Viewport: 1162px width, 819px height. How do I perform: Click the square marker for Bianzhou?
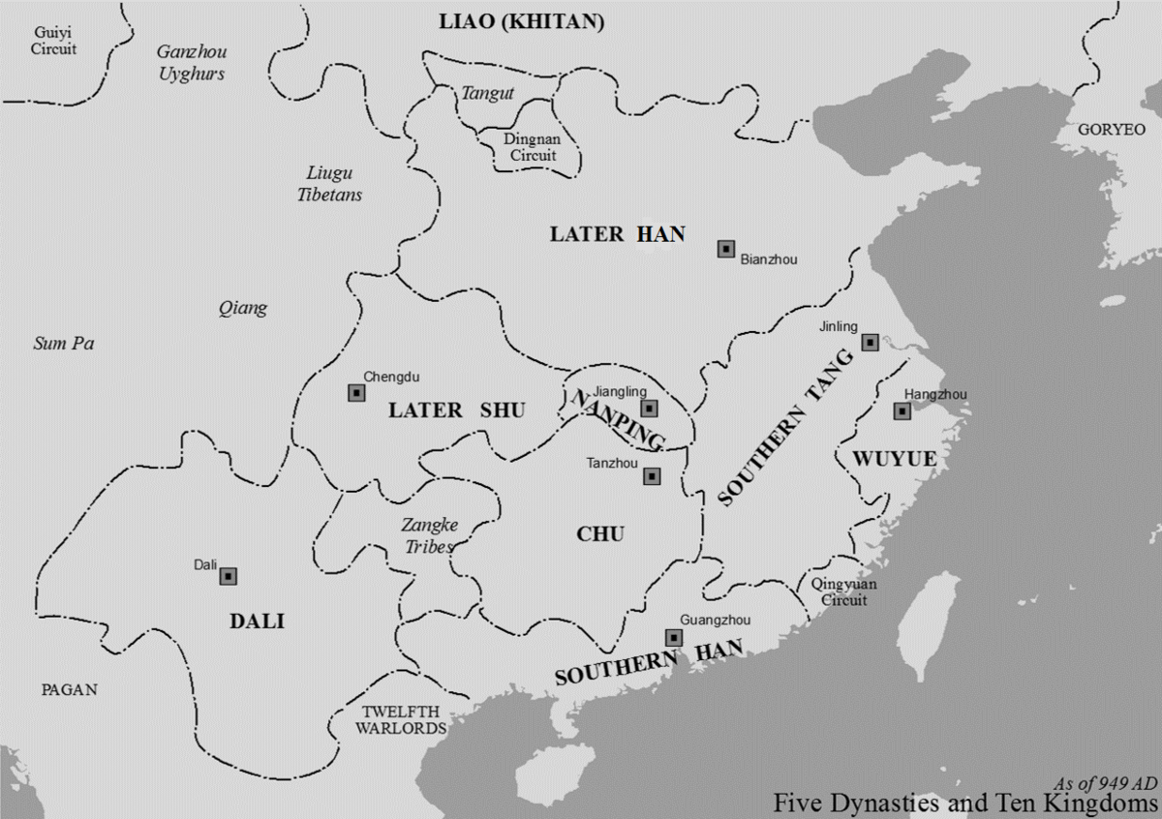[725, 249]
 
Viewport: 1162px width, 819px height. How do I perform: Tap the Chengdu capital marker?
[356, 392]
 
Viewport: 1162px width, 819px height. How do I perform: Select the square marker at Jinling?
[870, 342]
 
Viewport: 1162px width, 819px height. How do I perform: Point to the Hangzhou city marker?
[902, 411]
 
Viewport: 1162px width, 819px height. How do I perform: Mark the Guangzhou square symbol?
[673, 637]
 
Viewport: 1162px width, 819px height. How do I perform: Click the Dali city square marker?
[229, 576]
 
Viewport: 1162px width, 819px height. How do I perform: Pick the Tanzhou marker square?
[652, 476]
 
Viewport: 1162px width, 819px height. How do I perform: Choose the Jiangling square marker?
[649, 409]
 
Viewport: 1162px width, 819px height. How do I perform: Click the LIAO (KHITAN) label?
[521, 22]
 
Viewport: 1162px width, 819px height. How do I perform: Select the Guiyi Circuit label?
[53, 41]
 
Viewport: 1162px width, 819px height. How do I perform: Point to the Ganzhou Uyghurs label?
[191, 63]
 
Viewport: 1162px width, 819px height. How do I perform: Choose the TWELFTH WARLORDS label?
[399, 719]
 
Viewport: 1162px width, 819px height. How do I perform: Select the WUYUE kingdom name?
[896, 458]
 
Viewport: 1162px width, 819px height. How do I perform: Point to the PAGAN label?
[69, 689]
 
